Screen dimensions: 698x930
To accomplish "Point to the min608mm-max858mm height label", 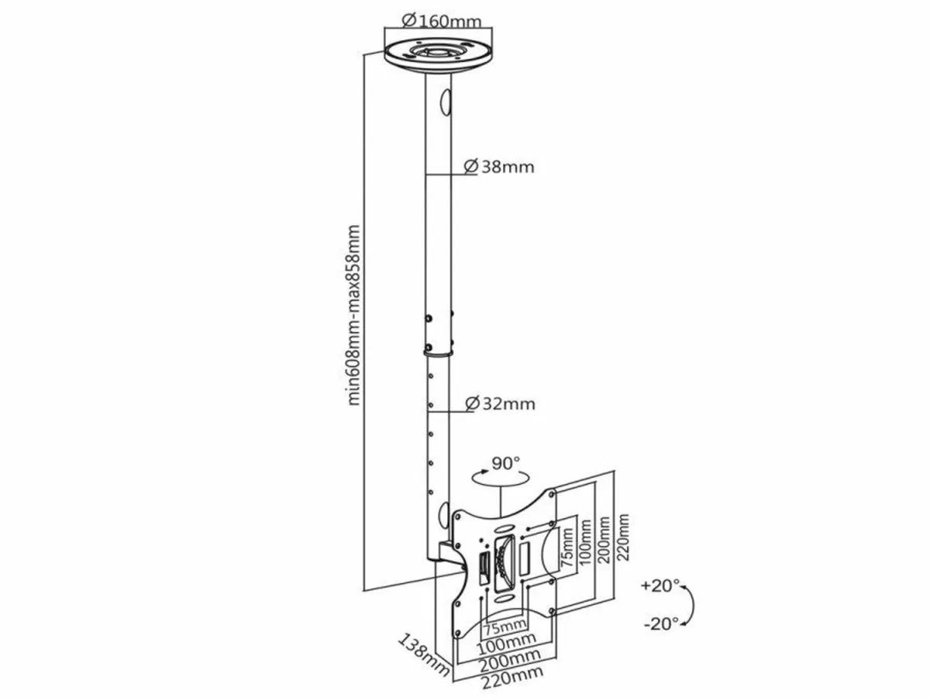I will point(354,315).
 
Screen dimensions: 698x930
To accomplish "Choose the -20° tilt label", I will point(660,622).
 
